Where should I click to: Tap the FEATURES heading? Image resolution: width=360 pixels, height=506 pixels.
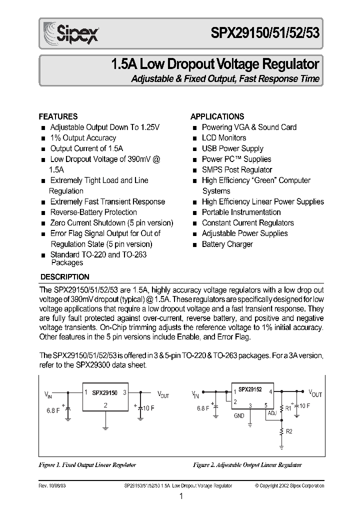58,116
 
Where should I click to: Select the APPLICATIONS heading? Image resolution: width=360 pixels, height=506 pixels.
217,116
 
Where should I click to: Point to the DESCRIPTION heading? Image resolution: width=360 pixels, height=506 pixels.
64,276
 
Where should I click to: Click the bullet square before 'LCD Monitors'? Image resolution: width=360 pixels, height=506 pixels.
194,138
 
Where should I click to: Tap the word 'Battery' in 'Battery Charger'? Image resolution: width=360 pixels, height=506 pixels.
213,244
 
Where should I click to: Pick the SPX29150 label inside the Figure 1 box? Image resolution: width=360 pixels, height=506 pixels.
104,393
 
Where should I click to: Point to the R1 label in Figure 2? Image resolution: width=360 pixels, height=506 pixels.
288,408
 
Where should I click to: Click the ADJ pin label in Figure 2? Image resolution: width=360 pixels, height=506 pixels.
272,413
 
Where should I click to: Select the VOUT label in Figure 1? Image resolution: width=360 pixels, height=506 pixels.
163,394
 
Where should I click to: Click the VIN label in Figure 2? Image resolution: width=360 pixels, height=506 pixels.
194,394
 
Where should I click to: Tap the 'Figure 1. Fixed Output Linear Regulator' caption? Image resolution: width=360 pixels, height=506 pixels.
87,464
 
